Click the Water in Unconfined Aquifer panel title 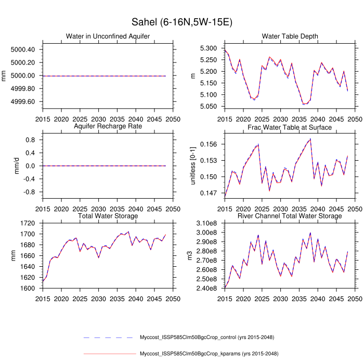[x=108, y=36]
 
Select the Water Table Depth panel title [x=290, y=36]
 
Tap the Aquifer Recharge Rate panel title [x=108, y=126]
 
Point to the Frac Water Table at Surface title [x=290, y=127]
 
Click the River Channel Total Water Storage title [x=290, y=216]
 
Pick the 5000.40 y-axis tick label [x=22, y=49]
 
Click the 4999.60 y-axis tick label [x=22, y=101]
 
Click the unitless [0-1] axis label [x=193, y=166]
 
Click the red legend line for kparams [x=109, y=354]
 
